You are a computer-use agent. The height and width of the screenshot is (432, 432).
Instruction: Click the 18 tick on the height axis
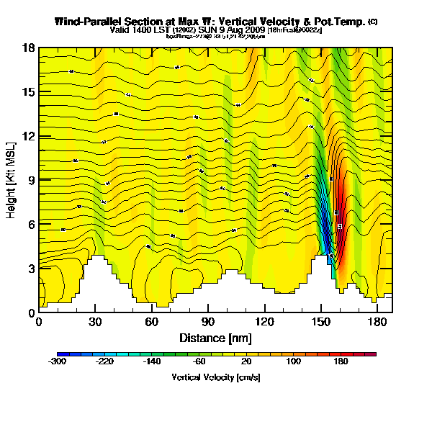(x=29, y=48)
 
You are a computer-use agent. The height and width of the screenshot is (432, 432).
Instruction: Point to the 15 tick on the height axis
(x=29, y=92)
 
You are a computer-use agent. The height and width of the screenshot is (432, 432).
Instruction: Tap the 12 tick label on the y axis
(x=29, y=136)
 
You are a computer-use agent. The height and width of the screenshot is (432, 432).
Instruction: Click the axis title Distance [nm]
(x=215, y=337)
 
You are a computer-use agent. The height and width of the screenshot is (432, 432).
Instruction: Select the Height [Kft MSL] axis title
(x=12, y=180)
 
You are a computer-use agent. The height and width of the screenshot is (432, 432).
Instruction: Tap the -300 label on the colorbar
(x=58, y=361)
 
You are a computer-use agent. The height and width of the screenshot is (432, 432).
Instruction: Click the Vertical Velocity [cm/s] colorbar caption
(x=216, y=377)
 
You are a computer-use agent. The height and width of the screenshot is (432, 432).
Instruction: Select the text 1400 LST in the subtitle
(x=149, y=30)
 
